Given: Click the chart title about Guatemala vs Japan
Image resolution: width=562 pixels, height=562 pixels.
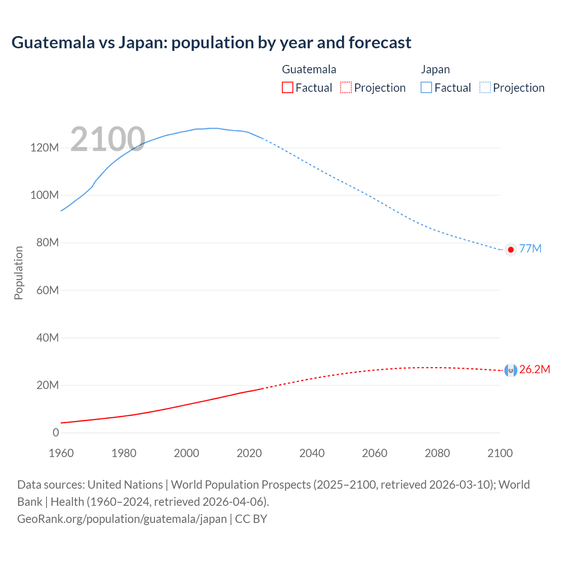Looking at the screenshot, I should tap(211, 43).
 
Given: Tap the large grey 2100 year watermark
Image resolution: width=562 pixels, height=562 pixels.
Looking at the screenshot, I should tap(108, 139).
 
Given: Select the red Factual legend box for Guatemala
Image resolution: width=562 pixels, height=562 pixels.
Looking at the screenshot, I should tap(287, 88).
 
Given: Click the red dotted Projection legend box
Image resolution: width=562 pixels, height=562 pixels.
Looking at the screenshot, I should tap(346, 88).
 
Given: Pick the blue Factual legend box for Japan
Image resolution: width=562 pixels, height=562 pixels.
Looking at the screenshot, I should tap(426, 88).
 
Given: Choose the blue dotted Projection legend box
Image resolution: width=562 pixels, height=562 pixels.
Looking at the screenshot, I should tap(485, 88).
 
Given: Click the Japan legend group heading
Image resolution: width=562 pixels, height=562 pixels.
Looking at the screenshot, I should tap(435, 69).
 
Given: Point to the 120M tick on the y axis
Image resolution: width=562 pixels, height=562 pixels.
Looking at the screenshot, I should tap(44, 148).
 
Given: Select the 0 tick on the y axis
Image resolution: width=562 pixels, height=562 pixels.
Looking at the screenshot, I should tap(56, 432).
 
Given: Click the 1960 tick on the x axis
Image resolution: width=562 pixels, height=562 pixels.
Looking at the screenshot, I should tap(61, 453).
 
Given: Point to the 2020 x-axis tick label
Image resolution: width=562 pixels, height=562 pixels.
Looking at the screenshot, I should tap(249, 453).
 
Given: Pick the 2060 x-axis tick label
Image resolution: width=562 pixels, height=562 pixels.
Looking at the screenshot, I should tap(375, 453).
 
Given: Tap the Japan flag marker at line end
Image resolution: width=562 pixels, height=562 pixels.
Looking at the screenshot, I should tap(511, 249).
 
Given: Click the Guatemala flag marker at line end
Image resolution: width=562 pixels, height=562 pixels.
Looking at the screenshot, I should tap(511, 371).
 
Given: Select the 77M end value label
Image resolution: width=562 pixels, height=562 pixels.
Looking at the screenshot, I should tap(530, 249).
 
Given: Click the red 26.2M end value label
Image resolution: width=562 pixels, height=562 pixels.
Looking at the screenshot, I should tap(534, 369).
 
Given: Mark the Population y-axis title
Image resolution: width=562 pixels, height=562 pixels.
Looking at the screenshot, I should tap(18, 273).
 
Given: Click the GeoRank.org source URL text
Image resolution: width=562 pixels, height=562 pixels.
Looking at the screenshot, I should tap(122, 519).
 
